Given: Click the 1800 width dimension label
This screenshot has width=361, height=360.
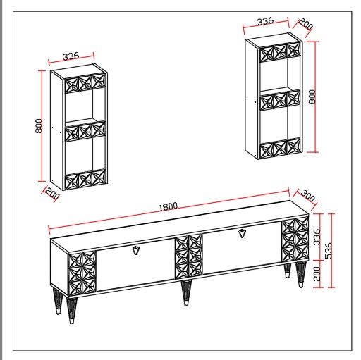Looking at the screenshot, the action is tap(169, 206).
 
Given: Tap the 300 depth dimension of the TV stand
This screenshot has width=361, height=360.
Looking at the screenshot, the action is tap(307, 196).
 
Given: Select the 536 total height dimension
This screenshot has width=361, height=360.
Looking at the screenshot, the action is tap(329, 250).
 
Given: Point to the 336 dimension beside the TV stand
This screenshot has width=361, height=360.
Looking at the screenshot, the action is tap(317, 237).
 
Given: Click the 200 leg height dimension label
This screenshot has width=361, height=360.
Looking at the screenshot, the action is tap(317, 273).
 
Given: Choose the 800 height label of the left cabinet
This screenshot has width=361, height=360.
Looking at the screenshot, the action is tap(39, 126).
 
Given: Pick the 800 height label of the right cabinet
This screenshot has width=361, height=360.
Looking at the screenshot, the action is tap(312, 97).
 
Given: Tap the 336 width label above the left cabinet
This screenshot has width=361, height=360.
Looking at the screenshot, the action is tap(71, 56).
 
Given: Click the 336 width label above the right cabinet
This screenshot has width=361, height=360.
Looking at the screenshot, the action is tap(266, 21).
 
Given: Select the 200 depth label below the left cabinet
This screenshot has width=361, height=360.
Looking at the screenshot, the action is tap(52, 193).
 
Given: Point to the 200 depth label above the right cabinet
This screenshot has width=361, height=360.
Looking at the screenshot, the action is tap(306, 24).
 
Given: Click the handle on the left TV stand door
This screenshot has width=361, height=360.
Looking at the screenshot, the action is tap(135, 250).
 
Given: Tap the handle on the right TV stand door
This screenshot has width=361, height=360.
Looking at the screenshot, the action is tap(243, 233).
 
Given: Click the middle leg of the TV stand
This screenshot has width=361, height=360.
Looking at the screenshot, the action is tap(186, 292).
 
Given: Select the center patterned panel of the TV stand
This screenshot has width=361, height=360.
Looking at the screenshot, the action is tap(189, 256).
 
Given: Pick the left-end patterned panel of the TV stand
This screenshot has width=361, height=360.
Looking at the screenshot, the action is tap(82, 273).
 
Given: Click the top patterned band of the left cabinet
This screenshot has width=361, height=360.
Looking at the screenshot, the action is tap(85, 82).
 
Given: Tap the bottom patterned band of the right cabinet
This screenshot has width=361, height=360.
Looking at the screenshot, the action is tap(281, 148).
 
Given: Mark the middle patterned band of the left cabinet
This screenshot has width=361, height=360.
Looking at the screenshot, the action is tap(85, 131).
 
